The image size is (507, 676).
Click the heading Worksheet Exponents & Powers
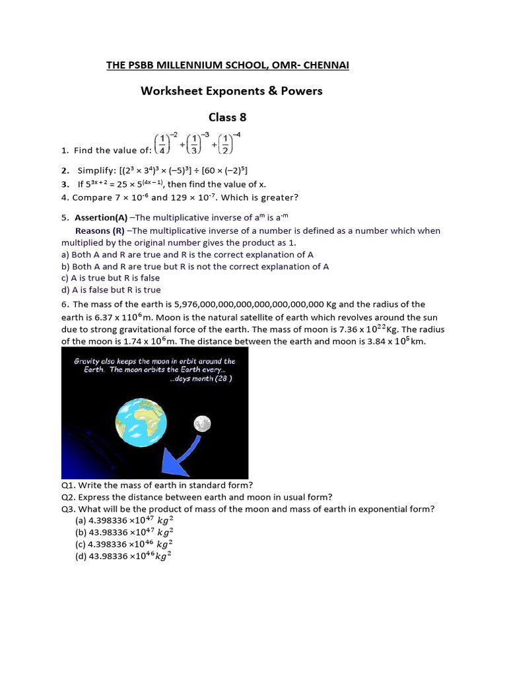[x=231, y=90]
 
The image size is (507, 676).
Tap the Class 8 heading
[x=227, y=117]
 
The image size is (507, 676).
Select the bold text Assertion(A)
[x=101, y=217]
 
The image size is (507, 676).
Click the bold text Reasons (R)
[x=100, y=231]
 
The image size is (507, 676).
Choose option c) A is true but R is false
[x=110, y=278]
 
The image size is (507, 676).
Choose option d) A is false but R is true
[x=110, y=290]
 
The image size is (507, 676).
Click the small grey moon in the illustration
[x=201, y=423]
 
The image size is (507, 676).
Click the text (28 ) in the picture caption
[x=221, y=379]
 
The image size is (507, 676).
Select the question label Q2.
[x=69, y=497]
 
